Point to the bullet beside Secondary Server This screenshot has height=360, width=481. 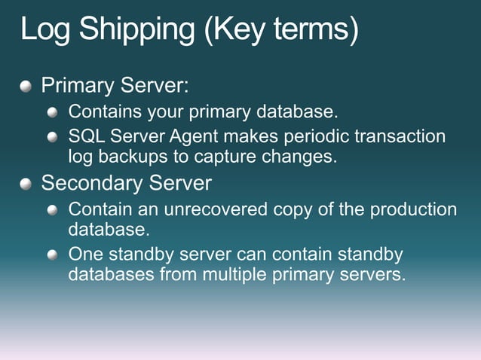coord(27,183)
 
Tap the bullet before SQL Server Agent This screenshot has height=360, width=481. coord(53,137)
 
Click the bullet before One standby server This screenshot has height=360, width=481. coord(53,255)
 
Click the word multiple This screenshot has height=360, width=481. coord(234,275)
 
